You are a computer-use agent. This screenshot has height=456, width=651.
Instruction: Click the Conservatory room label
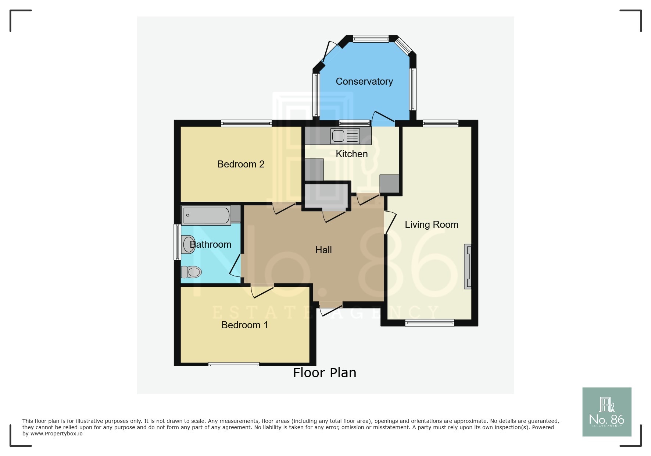coord(364,81)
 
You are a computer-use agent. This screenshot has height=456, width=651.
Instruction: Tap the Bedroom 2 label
coord(241,164)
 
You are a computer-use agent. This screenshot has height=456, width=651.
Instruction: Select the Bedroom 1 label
coord(244,325)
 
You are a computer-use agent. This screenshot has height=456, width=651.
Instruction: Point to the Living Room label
coord(431,225)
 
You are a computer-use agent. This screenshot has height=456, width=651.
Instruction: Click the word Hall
coord(323,250)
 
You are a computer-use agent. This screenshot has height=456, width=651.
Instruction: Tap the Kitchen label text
coord(351,154)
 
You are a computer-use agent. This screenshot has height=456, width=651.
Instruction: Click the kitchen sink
coord(345,136)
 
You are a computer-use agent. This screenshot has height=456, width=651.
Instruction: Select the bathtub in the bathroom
coord(206,215)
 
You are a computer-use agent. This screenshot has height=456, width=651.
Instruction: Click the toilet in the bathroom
coord(192,272)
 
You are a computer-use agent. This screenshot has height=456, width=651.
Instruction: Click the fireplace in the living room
coord(468,266)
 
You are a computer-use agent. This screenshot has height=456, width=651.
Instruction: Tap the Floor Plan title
coord(325,373)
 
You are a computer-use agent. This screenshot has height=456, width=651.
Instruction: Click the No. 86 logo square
coord(607,412)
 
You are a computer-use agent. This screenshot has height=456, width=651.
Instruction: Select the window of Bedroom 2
coord(246,124)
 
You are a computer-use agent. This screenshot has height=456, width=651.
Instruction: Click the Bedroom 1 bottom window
coord(233,364)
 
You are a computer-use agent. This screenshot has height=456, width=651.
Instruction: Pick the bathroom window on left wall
coord(177,242)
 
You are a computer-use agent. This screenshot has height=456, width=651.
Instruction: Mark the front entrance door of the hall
coord(331,308)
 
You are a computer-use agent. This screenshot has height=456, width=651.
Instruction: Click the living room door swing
coord(390,222)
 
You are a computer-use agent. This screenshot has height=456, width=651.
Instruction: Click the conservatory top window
coord(371,39)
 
